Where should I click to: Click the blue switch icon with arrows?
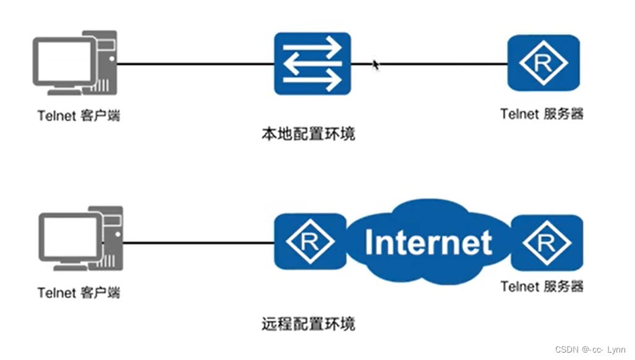(312, 64)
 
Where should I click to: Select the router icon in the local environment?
(543, 62)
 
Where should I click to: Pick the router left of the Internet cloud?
(310, 242)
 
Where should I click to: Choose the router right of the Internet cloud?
(547, 242)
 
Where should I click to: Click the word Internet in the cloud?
(428, 242)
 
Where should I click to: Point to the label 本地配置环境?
(309, 133)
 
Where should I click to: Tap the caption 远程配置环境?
(309, 324)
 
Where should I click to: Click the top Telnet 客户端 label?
(79, 116)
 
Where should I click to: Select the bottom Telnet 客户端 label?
(79, 293)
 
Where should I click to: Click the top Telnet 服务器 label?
(542, 114)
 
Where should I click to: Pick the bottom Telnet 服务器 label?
(542, 286)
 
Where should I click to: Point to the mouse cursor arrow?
(375, 64)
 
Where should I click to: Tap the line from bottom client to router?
(198, 242)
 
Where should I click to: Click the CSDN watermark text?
(590, 349)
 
